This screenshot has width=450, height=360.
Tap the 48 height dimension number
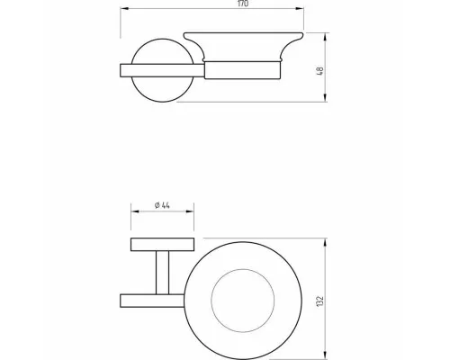320,71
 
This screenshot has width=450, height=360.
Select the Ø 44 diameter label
162,205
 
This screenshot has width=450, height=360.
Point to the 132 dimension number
320,301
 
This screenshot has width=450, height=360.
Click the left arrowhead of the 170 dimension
124,9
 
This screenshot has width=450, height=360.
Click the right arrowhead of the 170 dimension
300,9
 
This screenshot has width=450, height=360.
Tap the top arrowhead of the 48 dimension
326,37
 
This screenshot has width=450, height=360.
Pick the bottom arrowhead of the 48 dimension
326,98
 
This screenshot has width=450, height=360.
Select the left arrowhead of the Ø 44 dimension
135,211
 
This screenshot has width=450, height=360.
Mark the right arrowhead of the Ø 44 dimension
190,211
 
